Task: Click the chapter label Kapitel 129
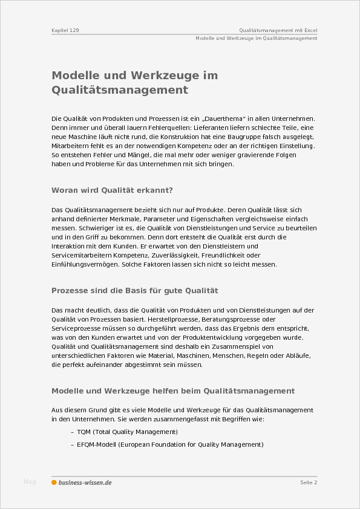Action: (x=65, y=30)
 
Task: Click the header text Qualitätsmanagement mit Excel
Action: (x=278, y=30)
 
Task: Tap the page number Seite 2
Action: (x=309, y=482)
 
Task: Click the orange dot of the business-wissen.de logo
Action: (x=54, y=482)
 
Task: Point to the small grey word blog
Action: (x=30, y=482)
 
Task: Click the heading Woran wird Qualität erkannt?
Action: (x=112, y=190)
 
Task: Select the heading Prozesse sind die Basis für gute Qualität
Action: (x=134, y=291)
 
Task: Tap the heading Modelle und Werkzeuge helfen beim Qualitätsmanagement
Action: (x=173, y=391)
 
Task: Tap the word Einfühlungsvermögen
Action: (x=85, y=264)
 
